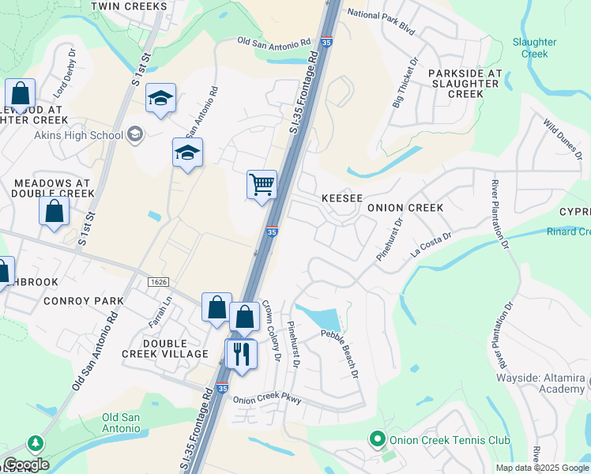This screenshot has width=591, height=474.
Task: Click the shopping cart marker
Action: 262,186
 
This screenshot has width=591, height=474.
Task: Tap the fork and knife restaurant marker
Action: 242,353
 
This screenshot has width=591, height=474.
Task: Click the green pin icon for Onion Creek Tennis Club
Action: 378,439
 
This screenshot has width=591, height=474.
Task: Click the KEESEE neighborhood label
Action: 341,197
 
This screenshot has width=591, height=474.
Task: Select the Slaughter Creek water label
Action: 535,48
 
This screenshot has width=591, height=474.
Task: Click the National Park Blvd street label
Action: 381,15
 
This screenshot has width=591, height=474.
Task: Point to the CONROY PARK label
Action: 84,301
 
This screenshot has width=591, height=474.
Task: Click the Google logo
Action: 26,465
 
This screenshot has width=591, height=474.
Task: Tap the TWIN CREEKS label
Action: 129,6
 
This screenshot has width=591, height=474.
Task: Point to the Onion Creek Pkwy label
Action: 268,399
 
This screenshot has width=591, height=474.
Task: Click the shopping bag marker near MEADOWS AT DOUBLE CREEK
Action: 54,212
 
